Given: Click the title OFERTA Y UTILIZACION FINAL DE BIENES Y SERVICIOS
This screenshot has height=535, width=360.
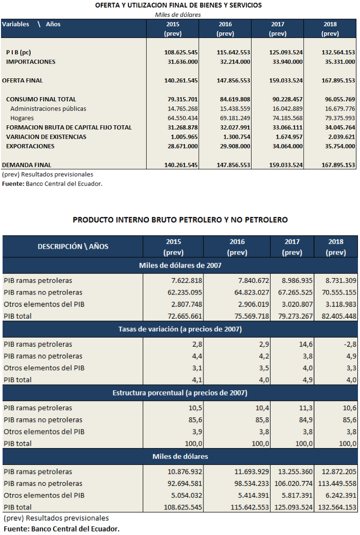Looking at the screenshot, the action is coord(178,5).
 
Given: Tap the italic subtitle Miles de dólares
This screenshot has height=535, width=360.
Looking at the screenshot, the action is coord(178,15).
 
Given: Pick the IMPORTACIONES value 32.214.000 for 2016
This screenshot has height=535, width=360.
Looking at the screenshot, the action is coord(233,62).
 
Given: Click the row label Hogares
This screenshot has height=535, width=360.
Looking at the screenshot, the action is coord(22,118).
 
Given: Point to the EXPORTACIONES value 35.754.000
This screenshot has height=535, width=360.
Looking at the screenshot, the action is coord(340,146).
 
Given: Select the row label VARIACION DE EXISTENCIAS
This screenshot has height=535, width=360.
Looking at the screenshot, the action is coord(46,137).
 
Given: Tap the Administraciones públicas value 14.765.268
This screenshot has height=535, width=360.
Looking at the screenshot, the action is coord(183,108).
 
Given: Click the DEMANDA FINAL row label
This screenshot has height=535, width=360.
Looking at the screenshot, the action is coord(27,165).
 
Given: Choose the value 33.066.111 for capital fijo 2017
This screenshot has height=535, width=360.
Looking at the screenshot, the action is coord(287,127).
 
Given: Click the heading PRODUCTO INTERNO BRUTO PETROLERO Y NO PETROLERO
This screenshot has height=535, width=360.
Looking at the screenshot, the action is coord(180,220).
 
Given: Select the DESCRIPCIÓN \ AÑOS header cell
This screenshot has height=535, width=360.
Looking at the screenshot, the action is coord(73,247).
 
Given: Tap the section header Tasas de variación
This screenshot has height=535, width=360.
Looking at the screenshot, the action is coord(180,329).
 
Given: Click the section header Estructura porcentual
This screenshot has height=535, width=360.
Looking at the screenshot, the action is coord(180,393).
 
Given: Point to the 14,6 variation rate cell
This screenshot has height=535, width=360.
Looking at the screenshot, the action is coord(306,344).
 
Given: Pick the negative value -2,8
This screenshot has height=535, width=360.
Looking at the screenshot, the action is coord(350,344).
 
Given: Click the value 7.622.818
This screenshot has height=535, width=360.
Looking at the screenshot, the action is coord(187,280).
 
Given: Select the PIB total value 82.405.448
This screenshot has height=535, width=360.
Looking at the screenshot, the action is coord(339,316).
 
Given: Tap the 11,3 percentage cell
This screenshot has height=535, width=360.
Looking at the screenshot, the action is coord(306,408).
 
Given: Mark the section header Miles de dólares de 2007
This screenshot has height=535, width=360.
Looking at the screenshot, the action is coord(180,265).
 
